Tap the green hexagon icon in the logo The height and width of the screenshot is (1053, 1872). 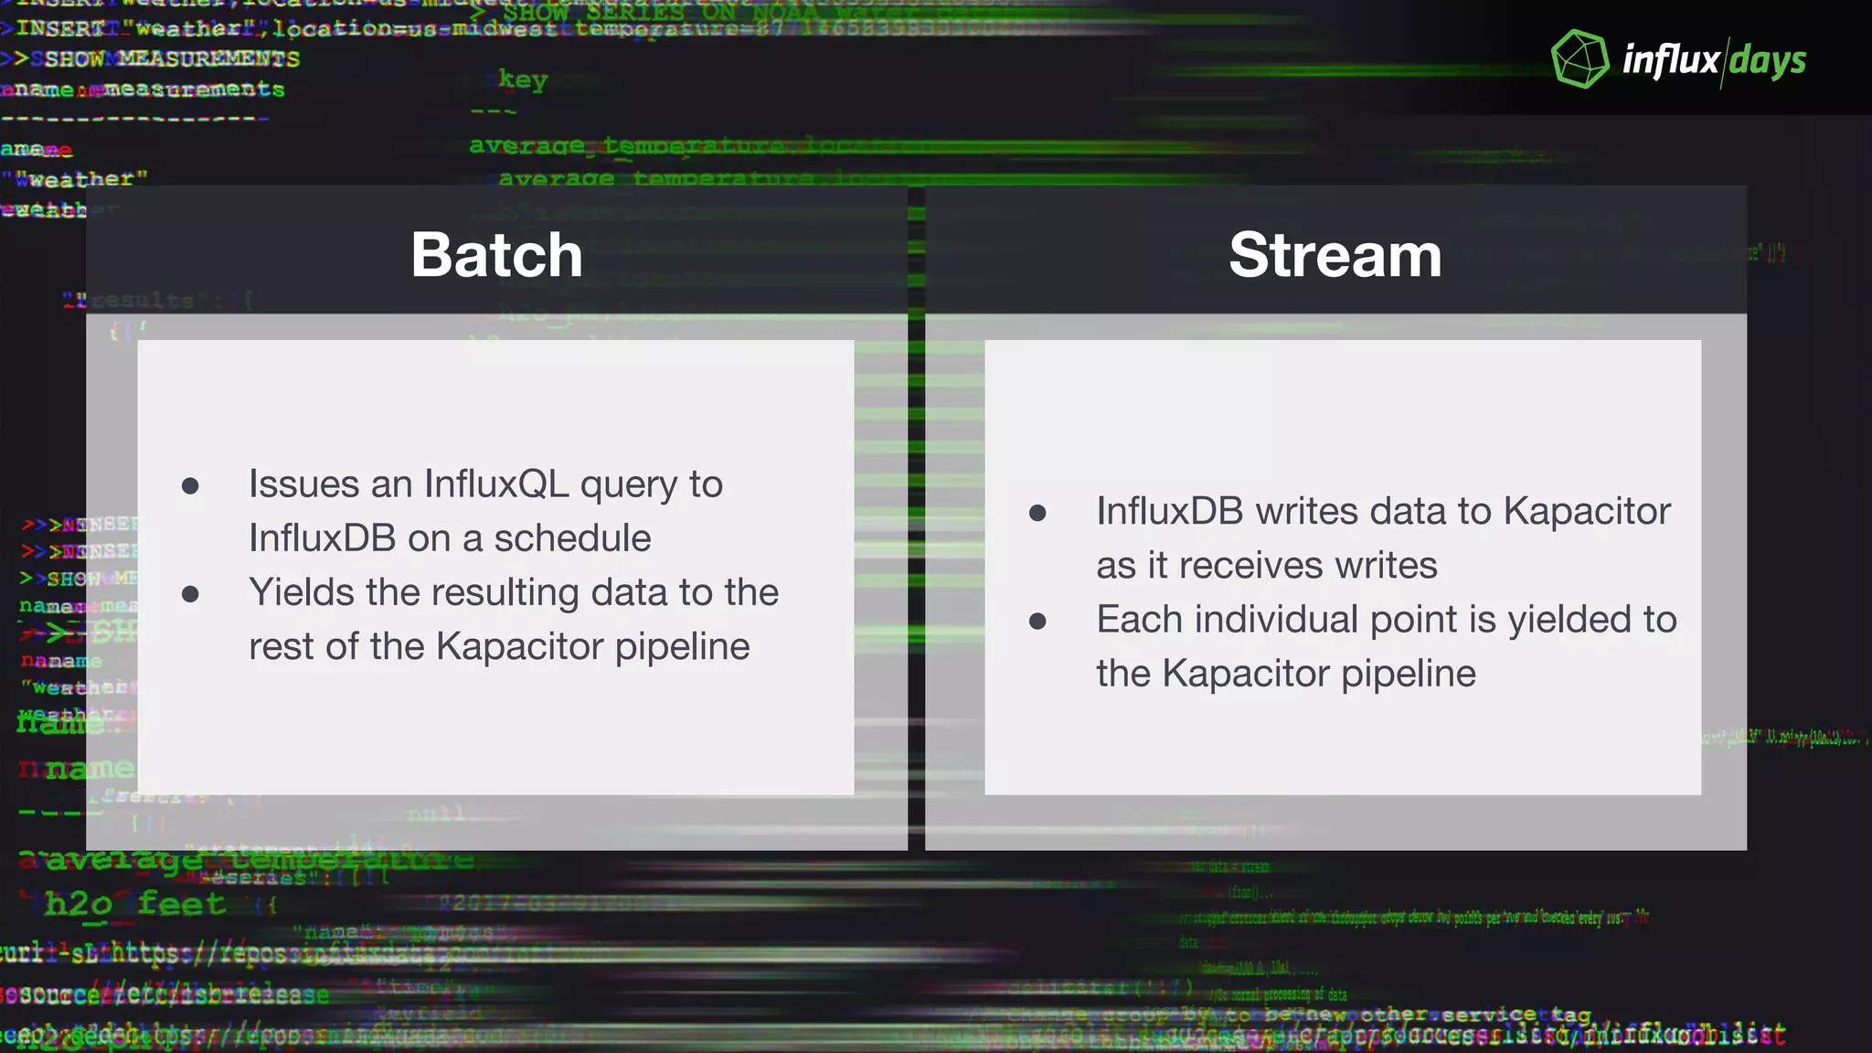point(1580,59)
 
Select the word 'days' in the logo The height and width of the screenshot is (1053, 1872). point(1768,61)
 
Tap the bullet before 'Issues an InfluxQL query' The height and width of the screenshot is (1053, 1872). point(190,485)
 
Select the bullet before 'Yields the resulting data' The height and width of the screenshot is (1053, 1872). point(190,594)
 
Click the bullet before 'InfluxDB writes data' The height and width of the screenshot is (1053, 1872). point(1037,513)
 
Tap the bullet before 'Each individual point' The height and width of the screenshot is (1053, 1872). point(1037,622)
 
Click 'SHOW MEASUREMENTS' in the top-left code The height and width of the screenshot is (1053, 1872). point(172,59)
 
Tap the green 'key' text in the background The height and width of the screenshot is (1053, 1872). point(523,80)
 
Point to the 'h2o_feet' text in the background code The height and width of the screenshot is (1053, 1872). point(135,904)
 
